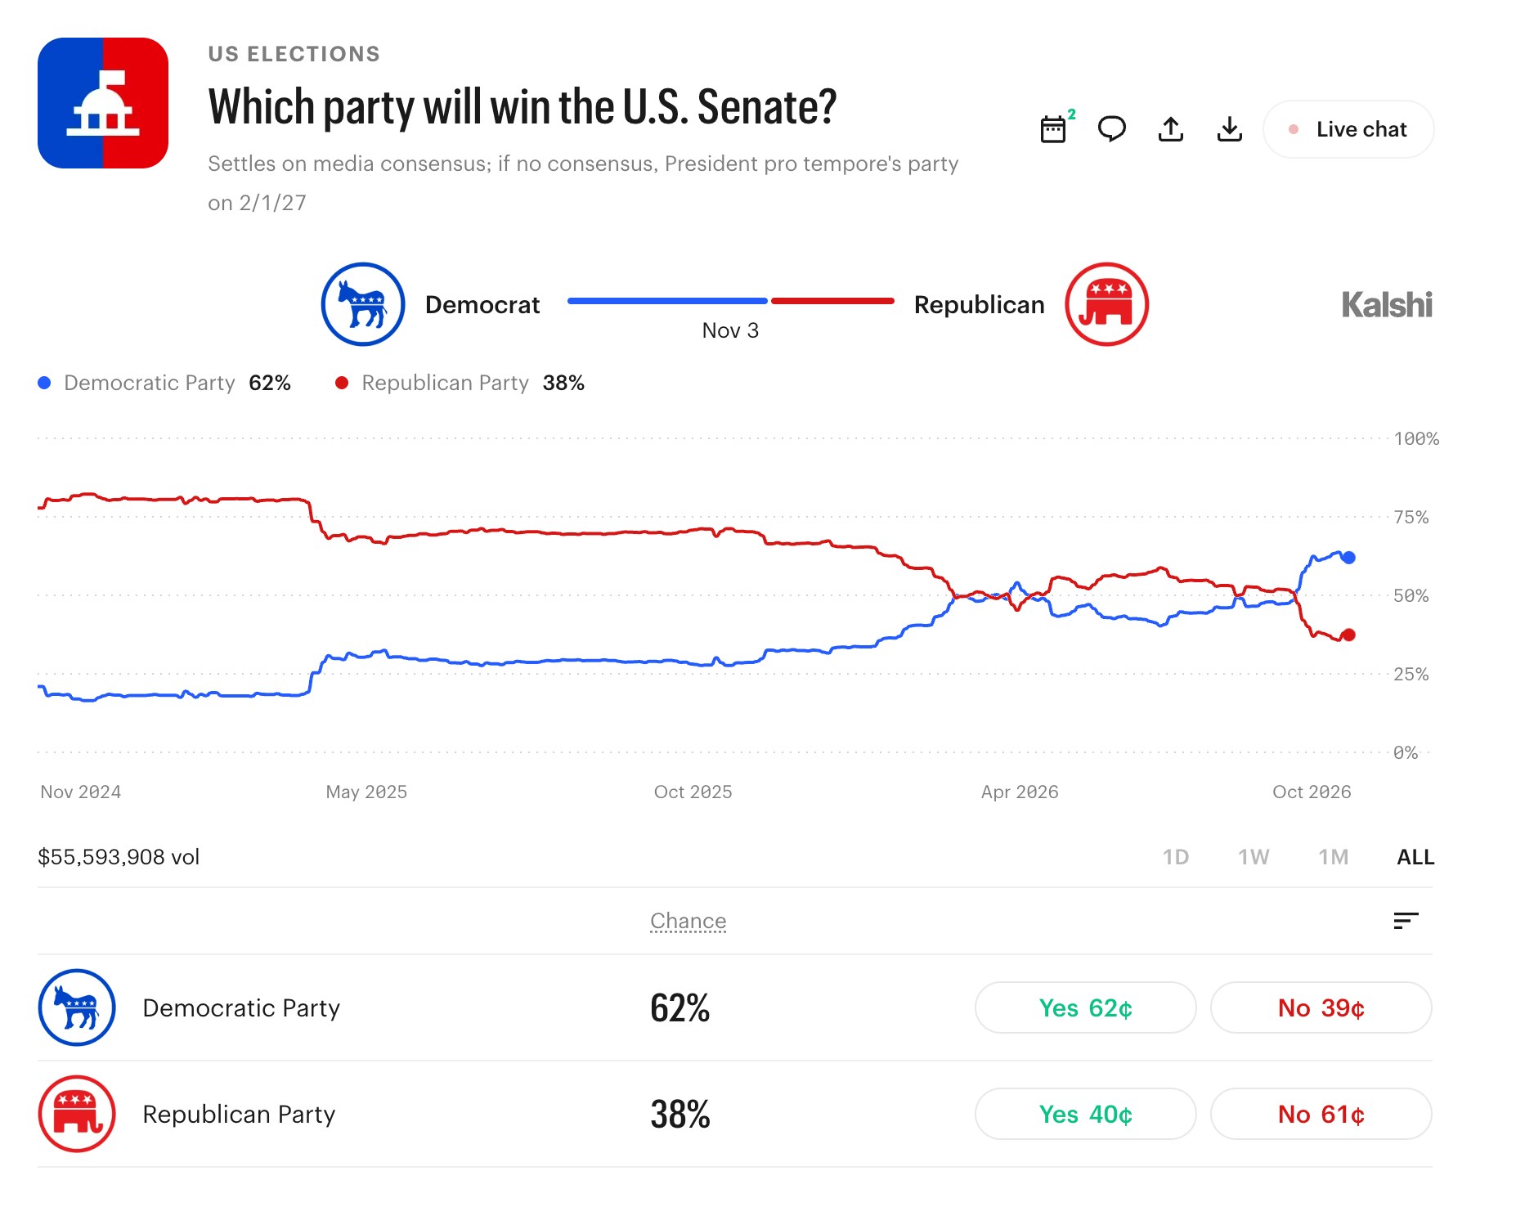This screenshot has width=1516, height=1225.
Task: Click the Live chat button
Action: pyautogui.click(x=1348, y=129)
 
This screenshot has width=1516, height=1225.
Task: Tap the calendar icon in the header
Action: pyautogui.click(x=1053, y=129)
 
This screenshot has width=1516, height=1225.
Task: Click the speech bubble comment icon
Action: pyautogui.click(x=1112, y=129)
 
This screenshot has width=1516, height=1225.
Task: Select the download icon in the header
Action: pyautogui.click(x=1230, y=129)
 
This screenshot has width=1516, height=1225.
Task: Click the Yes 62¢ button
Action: pyautogui.click(x=1086, y=1007)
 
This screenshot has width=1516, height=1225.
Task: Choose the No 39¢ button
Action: pyautogui.click(x=1321, y=1007)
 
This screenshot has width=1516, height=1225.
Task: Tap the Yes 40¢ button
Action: pyautogui.click(x=1086, y=1114)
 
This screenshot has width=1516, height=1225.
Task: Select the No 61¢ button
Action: pyautogui.click(x=1321, y=1114)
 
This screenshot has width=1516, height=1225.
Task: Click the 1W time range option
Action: pyautogui.click(x=1254, y=857)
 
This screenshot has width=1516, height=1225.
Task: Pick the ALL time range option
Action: pyautogui.click(x=1415, y=857)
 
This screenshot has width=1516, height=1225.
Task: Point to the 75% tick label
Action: pyautogui.click(x=1411, y=517)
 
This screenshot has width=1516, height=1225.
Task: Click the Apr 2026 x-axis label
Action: pyautogui.click(x=1020, y=792)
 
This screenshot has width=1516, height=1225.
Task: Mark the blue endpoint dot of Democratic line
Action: pyautogui.click(x=1348, y=558)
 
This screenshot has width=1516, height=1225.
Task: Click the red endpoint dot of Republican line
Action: pyautogui.click(x=1348, y=635)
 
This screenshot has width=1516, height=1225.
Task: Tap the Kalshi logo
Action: pyautogui.click(x=1387, y=305)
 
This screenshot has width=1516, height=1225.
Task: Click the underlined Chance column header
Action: pyautogui.click(x=688, y=921)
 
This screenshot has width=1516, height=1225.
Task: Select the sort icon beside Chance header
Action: pyautogui.click(x=1406, y=921)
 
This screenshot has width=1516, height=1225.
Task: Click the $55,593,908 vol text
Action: pyautogui.click(x=119, y=857)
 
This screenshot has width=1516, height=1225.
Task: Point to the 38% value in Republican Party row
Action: pyautogui.click(x=680, y=1114)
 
